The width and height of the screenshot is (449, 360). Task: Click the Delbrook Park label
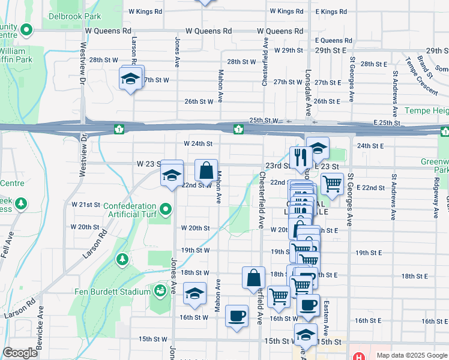[75, 17]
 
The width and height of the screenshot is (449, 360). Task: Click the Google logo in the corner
[20, 353]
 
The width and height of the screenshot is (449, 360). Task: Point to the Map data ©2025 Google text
[411, 355]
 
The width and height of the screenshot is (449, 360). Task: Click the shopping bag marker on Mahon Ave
[206, 170]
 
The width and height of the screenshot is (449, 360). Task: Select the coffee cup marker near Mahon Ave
[237, 316]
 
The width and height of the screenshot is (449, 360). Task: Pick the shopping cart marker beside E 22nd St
[332, 184]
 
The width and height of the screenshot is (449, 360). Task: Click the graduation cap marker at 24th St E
[318, 148]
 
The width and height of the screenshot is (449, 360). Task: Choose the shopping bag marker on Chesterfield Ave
[253, 278]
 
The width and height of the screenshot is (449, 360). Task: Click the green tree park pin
[122, 259]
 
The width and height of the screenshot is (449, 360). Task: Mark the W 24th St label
[198, 144]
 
